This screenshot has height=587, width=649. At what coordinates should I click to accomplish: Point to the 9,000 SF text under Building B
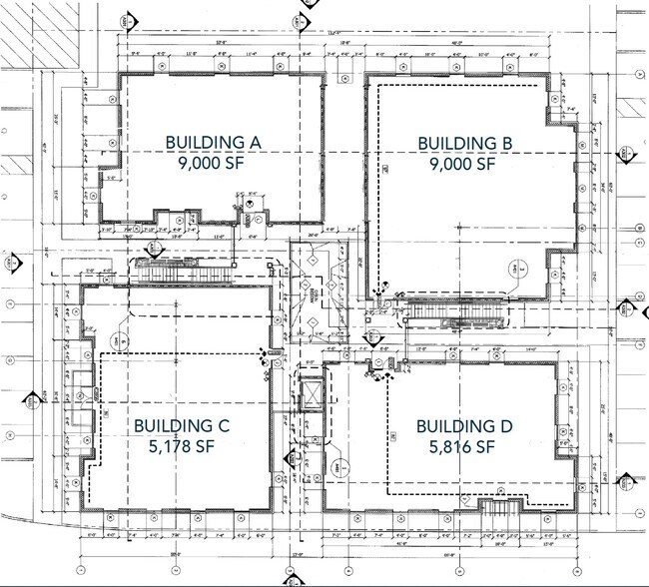tap(465, 166)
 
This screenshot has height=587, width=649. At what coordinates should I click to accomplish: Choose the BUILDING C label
tap(182, 426)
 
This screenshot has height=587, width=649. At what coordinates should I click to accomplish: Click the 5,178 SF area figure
tap(182, 447)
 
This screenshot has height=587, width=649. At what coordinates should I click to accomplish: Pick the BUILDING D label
tap(465, 426)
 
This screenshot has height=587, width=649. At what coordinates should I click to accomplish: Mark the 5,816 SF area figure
tap(465, 447)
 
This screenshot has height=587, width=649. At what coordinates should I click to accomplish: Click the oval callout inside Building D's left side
tap(340, 467)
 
